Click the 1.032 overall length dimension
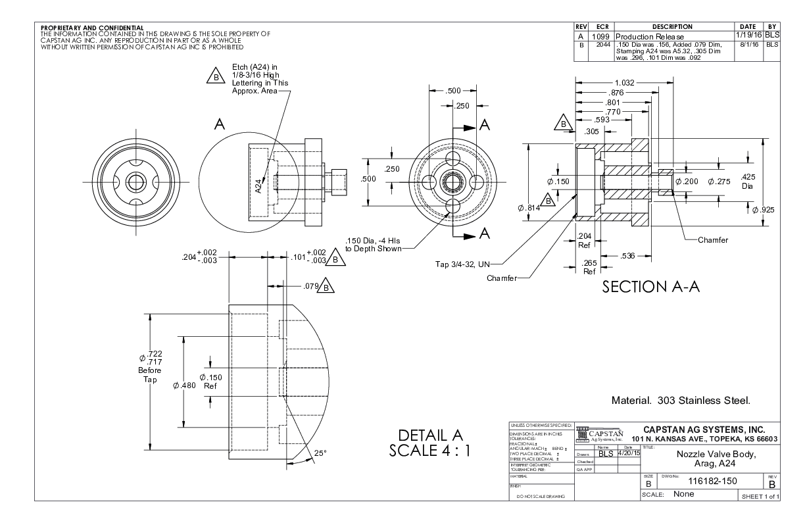pos(625,82)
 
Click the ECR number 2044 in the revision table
pos(599,45)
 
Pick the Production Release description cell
pos(650,36)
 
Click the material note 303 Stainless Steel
pos(681,399)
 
